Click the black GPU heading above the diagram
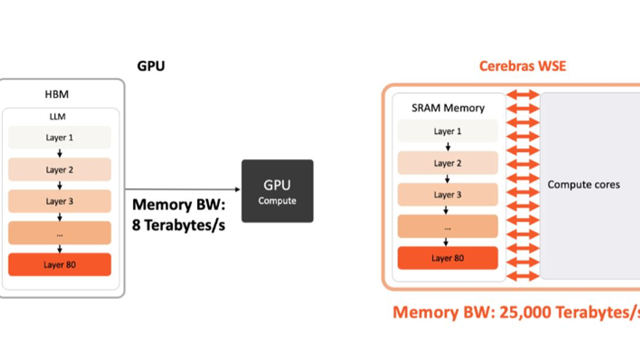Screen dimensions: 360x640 coord(151,66)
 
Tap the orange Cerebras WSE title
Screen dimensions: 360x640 coord(522,66)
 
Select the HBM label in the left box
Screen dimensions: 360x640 coord(57,94)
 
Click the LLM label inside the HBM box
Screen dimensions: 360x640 coord(57,117)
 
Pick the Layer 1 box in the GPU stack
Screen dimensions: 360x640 coord(59,137)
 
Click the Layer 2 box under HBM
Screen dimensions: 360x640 coord(59,170)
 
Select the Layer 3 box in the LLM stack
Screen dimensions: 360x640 coord(59,201)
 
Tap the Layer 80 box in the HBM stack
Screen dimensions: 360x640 coord(59,265)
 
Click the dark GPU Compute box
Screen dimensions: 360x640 coord(277,191)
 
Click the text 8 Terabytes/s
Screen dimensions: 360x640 coord(179,225)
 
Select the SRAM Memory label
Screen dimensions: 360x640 coord(448,108)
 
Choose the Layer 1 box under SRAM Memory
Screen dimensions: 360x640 coord(447,131)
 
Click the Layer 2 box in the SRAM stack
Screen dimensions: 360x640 coord(447,163)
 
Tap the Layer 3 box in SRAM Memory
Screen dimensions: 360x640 coord(447,194)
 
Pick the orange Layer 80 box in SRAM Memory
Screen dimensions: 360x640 coord(447,258)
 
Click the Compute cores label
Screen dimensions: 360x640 coord(584,185)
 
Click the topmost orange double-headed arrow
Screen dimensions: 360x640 coord(523,95)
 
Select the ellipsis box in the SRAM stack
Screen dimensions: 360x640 coord(447,227)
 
